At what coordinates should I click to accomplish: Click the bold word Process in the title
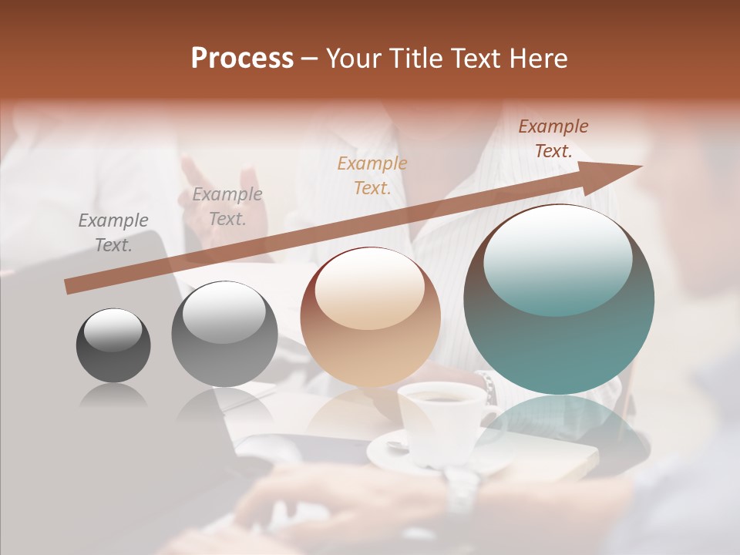click(x=242, y=59)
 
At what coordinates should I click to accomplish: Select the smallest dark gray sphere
click(x=113, y=345)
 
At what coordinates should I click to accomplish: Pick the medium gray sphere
click(x=224, y=335)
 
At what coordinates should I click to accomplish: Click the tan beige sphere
click(x=370, y=317)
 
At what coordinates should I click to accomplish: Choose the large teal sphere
click(x=559, y=299)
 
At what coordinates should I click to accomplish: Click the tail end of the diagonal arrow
click(x=71, y=286)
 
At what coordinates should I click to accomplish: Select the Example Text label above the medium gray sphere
click(x=227, y=207)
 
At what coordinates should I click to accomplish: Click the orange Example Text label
click(x=372, y=175)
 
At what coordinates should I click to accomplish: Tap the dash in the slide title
click(x=310, y=59)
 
